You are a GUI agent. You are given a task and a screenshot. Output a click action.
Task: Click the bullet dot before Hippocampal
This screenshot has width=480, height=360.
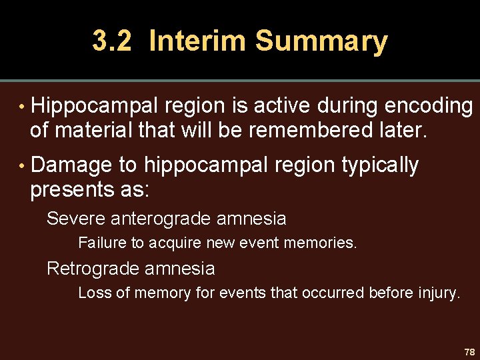coord(21,106)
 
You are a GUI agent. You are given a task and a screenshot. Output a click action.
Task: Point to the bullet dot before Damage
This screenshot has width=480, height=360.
coord(21,165)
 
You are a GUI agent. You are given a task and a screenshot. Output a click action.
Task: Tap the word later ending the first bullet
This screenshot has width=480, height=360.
coord(400,130)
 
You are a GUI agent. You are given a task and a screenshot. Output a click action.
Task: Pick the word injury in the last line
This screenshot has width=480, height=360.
coord(440,293)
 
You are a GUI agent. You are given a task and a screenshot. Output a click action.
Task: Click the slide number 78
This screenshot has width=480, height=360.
coord(469,351)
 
